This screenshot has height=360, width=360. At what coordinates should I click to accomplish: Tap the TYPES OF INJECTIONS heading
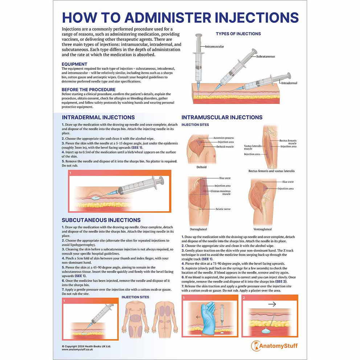pyautogui.click(x=238, y=34)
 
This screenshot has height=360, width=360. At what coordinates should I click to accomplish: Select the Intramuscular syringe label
pyautogui.click(x=214, y=47)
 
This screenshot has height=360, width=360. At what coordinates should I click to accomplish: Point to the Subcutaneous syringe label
pyautogui.click(x=265, y=57)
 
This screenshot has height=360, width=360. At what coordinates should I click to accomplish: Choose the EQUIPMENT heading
pyautogui.click(x=74, y=64)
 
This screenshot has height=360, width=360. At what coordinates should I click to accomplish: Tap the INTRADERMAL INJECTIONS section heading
pyautogui.click(x=98, y=118)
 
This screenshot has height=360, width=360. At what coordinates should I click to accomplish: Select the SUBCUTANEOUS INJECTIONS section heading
pyautogui.click(x=101, y=220)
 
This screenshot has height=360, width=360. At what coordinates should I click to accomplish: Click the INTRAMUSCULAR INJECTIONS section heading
pyautogui.click(x=222, y=118)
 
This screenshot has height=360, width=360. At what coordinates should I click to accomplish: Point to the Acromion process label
pyautogui.click(x=224, y=138)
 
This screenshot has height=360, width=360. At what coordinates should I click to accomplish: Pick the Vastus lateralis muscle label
pyautogui.click(x=248, y=147)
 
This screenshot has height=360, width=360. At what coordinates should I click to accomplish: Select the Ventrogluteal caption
pyautogui.click(x=263, y=229)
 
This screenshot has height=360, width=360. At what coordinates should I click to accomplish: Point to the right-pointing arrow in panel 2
pyautogui.click(x=272, y=305)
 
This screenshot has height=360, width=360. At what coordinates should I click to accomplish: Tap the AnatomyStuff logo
pyautogui.click(x=274, y=346)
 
